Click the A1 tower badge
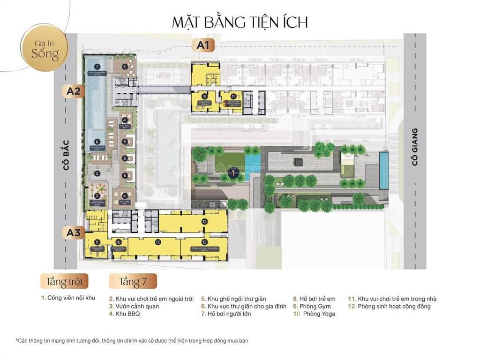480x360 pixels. (x=202, y=45)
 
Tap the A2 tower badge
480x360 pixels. (x=73, y=91)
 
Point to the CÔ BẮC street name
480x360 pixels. (x=66, y=155)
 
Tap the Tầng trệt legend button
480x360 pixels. (x=64, y=281)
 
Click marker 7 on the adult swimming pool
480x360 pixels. (x=97, y=67)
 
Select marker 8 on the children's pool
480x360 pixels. (x=97, y=142)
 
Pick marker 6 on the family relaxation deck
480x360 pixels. (x=125, y=67)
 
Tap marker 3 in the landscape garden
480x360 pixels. (x=97, y=173)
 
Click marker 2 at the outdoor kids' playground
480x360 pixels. (x=97, y=196)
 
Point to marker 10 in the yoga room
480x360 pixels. (x=118, y=242)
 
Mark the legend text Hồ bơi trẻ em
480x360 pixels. (x=318, y=299)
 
